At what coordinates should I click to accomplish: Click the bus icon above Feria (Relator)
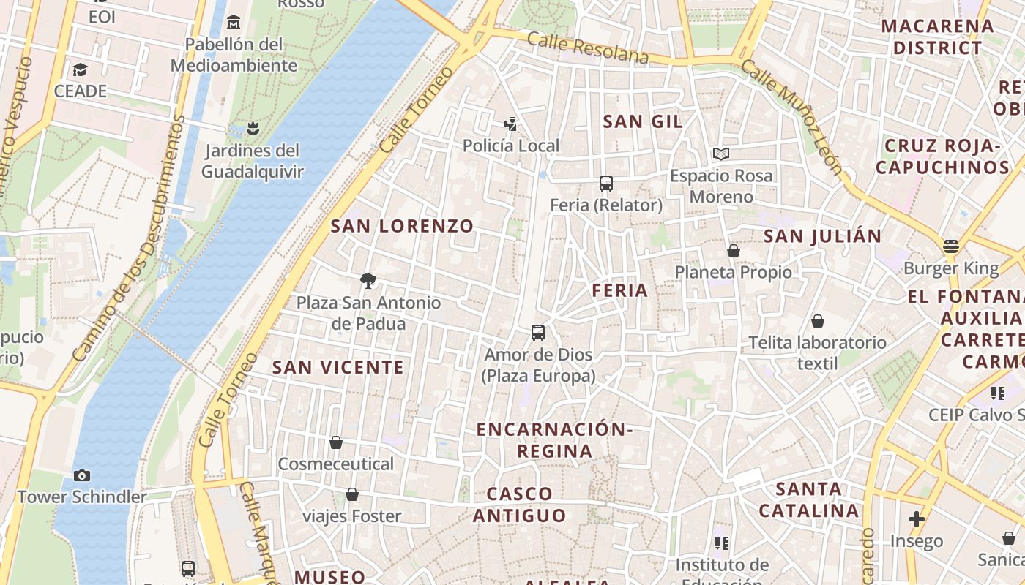click(x=605, y=184)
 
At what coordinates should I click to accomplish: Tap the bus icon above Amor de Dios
click(x=538, y=333)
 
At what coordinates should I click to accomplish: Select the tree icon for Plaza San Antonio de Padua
click(x=368, y=280)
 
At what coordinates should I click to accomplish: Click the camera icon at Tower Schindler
click(x=82, y=475)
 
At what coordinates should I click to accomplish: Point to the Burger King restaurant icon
click(x=951, y=246)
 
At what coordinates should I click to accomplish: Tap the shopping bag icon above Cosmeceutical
click(x=336, y=442)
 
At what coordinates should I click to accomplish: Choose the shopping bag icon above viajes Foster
click(x=352, y=495)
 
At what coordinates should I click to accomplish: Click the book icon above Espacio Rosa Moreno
click(x=721, y=154)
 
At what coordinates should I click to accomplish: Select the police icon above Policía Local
click(x=511, y=124)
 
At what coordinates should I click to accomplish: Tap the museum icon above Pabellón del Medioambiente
click(x=234, y=23)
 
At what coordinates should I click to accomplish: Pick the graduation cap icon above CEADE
click(x=80, y=69)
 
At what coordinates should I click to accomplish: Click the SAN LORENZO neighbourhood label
click(x=402, y=226)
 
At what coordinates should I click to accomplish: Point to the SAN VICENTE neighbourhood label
click(x=338, y=367)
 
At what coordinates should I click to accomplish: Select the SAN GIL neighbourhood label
click(x=642, y=121)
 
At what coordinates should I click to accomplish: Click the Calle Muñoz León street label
click(x=791, y=117)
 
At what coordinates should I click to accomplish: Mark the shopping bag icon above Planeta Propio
click(x=734, y=251)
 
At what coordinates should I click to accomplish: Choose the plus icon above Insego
click(x=917, y=519)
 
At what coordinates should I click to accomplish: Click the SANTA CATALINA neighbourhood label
click(x=808, y=499)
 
